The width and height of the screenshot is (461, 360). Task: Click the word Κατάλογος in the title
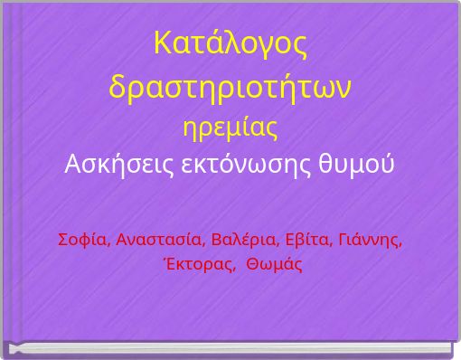pyautogui.click(x=230, y=44)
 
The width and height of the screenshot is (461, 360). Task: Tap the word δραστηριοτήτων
pyautogui.click(x=230, y=88)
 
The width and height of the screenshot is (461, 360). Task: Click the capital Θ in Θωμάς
pyautogui.click(x=252, y=264)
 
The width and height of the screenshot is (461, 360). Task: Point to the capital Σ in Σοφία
pyautogui.click(x=62, y=240)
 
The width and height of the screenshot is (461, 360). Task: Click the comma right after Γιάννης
pyautogui.click(x=400, y=244)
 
